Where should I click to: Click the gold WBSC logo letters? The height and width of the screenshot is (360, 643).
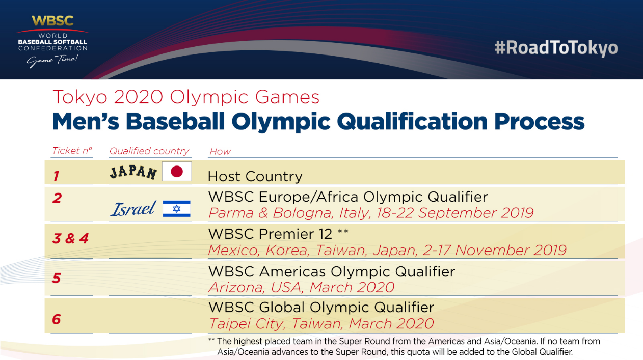pyautogui.click(x=52, y=21)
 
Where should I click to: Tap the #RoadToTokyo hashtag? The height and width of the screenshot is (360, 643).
pyautogui.click(x=556, y=48)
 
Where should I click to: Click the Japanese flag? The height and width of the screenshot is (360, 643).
pyautogui.click(x=176, y=171)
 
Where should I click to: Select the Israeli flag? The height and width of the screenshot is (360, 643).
pyautogui.click(x=176, y=209)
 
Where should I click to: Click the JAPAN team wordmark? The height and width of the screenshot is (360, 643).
pyautogui.click(x=133, y=173)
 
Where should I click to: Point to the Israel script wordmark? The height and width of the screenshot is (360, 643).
pyautogui.click(x=133, y=209)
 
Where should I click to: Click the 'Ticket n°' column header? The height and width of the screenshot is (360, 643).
pyautogui.click(x=72, y=151)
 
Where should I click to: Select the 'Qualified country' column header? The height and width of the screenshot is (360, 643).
pyautogui.click(x=149, y=151)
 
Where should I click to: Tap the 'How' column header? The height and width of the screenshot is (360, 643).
pyautogui.click(x=220, y=151)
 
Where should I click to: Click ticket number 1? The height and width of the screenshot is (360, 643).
pyautogui.click(x=56, y=176)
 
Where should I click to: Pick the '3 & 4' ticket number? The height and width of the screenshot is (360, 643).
pyautogui.click(x=71, y=238)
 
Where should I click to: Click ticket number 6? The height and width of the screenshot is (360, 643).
pyautogui.click(x=56, y=319)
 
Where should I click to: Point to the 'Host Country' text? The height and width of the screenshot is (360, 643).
pyautogui.click(x=255, y=176)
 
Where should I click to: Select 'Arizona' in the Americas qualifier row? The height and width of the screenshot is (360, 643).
pyautogui.click(x=237, y=287)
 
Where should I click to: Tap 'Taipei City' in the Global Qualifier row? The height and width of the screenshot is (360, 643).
pyautogui.click(x=247, y=324)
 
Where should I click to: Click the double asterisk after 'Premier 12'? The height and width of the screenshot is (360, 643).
pyautogui.click(x=343, y=231)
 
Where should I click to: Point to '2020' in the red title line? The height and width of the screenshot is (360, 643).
pyautogui.click(x=139, y=97)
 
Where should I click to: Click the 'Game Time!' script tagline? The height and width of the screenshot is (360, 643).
pyautogui.click(x=52, y=61)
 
